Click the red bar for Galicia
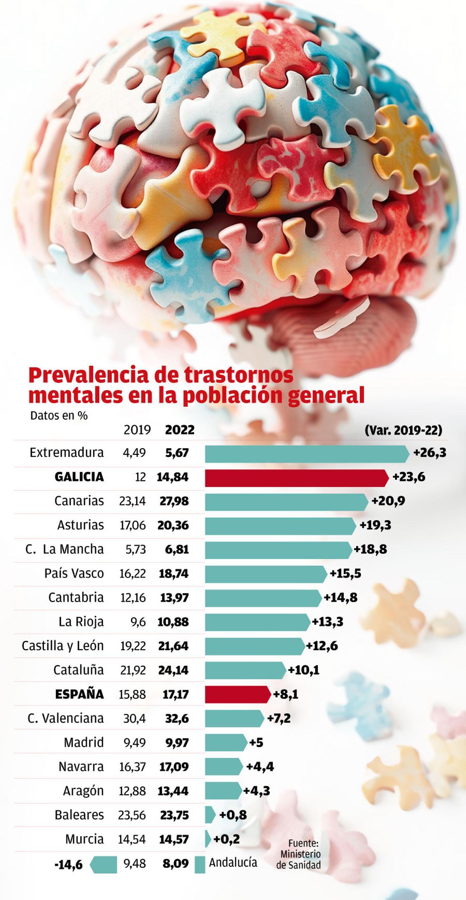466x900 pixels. click(x=296, y=478)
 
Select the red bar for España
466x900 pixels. click(x=237, y=694)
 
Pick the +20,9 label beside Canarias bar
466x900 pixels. click(x=388, y=501)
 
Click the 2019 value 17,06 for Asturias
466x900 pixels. click(x=132, y=525)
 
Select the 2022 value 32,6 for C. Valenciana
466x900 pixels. click(x=177, y=718)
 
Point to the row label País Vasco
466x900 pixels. click(x=74, y=573)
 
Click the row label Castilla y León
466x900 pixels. click(x=63, y=645)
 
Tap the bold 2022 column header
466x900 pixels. click(x=179, y=430)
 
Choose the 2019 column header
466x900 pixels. click(x=137, y=430)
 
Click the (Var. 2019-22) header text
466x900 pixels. click(x=403, y=430)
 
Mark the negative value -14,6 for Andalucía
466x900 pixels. click(x=69, y=863)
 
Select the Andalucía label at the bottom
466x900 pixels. click(x=233, y=862)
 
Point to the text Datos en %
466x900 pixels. click(x=59, y=415)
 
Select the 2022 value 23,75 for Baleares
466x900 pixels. click(x=174, y=815)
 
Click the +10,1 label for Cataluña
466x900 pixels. click(x=304, y=670)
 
